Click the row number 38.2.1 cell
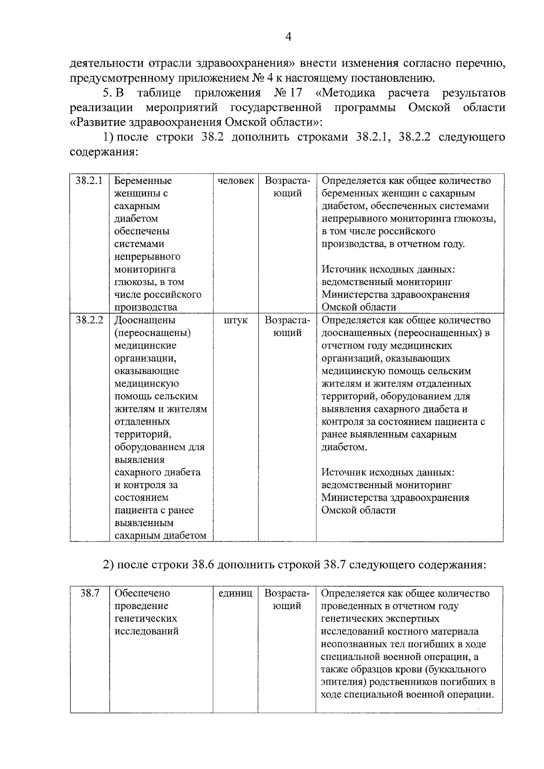(89, 181)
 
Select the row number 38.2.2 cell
(89, 320)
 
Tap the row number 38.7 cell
(90, 593)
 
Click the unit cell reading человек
(236, 181)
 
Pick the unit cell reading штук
(236, 320)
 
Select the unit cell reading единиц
(235, 593)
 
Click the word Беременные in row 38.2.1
(143, 181)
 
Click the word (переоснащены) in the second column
(152, 333)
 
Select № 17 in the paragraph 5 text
(288, 93)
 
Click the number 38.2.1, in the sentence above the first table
(371, 137)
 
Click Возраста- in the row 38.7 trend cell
(287, 593)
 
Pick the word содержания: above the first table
(103, 152)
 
